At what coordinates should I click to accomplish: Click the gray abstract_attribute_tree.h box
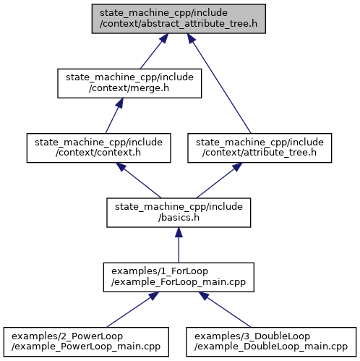[179, 19]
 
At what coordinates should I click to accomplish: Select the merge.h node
[129, 83]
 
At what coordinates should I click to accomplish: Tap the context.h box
[99, 148]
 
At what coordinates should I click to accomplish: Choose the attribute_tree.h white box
[260, 148]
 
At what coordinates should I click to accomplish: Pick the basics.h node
[179, 213]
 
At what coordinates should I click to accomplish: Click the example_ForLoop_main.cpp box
[179, 277]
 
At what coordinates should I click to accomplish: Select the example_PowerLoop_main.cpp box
[86, 341]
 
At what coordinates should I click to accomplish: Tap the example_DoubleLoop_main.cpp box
[271, 341]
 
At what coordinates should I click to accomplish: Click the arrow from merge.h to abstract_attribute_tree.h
[154, 51]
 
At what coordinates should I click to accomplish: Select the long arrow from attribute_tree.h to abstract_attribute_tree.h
[219, 83]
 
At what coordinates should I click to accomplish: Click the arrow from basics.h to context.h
[138, 180]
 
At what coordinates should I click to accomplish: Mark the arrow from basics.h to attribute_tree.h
[219, 180]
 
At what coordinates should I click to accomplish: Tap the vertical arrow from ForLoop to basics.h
[179, 245]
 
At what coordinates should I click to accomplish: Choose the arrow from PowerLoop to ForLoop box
[132, 310]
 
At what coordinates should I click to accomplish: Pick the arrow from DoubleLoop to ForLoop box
[225, 310]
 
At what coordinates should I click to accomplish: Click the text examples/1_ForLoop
[160, 271]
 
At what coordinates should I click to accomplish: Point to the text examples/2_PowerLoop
[67, 336]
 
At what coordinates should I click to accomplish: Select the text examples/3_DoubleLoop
[252, 336]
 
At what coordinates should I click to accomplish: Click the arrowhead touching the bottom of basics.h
[179, 232]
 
